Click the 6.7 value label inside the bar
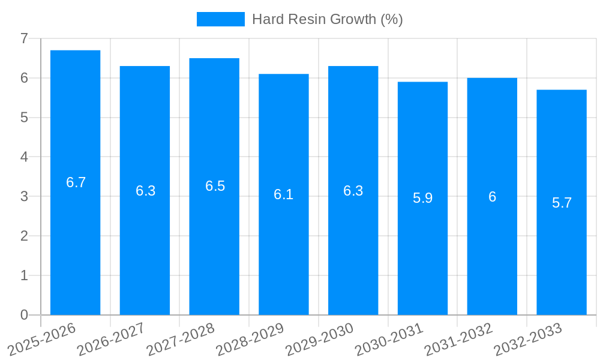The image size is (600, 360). pos(76,182)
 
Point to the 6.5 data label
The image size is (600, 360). pos(215,186)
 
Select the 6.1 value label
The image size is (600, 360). pos(283,194)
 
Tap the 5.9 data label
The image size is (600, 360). pos(422,198)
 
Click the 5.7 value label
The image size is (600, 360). pos(562,203)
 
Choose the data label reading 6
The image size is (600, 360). pos(492,197)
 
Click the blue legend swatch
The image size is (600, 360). pos(220,19)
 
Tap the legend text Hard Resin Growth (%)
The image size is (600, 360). pos(327,19)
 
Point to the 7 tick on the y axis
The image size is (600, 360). pos(24,38)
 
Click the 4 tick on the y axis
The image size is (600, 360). pos(24,157)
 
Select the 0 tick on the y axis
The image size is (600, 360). pos(24,315)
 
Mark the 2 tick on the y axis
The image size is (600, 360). pos(24,236)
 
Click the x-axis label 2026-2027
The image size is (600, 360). pos(111,338)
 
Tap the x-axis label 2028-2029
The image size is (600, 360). pos(250,338)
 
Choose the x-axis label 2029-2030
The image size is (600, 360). pos(319,338)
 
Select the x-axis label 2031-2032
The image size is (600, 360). pos(458,338)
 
